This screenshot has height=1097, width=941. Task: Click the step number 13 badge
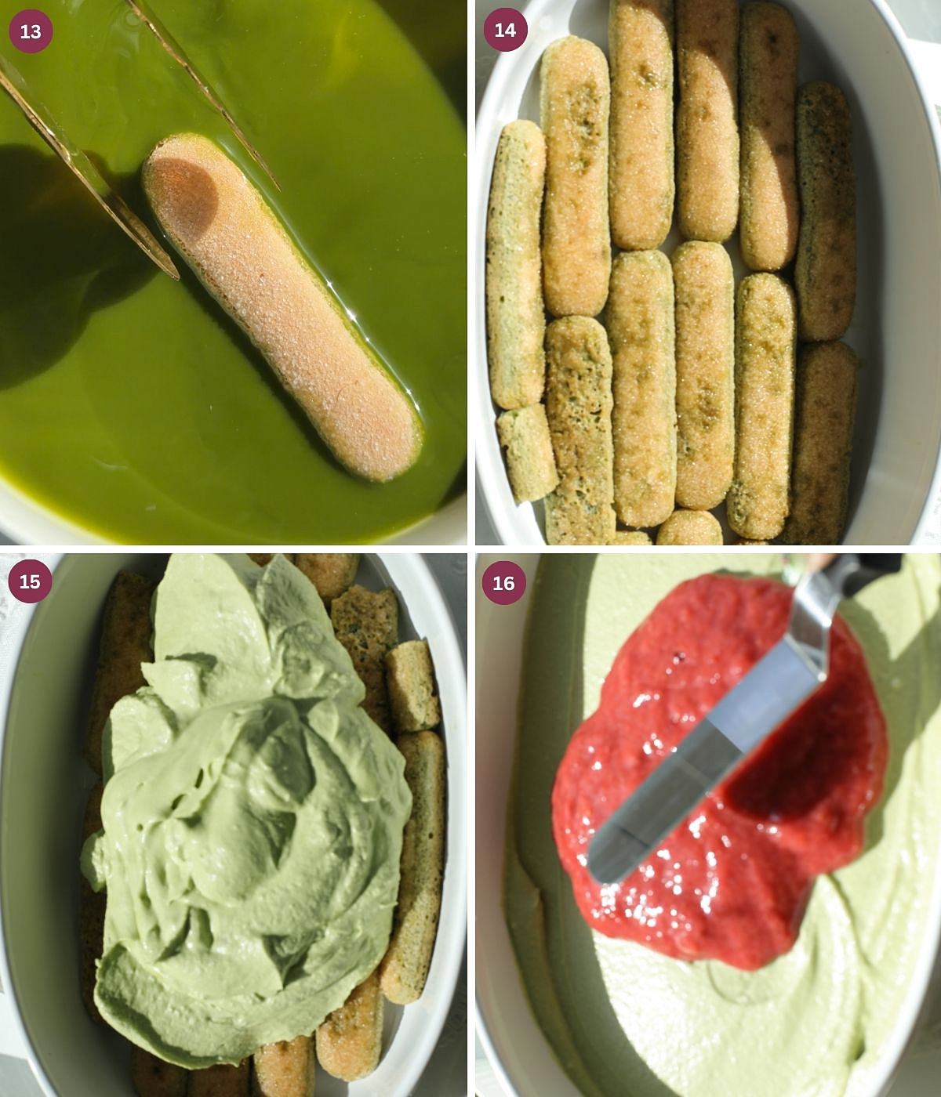[x=31, y=31]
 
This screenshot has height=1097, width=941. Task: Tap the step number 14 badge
[x=505, y=30]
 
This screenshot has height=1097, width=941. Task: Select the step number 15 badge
[x=31, y=581]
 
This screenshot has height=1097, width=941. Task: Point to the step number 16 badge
[x=503, y=583]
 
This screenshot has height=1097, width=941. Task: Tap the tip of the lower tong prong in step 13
[x=174, y=274]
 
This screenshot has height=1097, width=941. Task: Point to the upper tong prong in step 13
[x=204, y=86]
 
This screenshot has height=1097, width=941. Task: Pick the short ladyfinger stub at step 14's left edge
[x=528, y=452]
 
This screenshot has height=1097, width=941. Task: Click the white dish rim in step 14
[x=902, y=313]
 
